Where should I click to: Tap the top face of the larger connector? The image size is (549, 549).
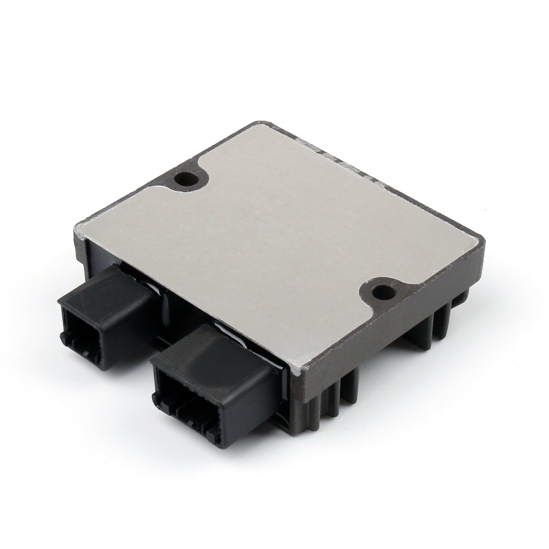(x=213, y=342)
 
